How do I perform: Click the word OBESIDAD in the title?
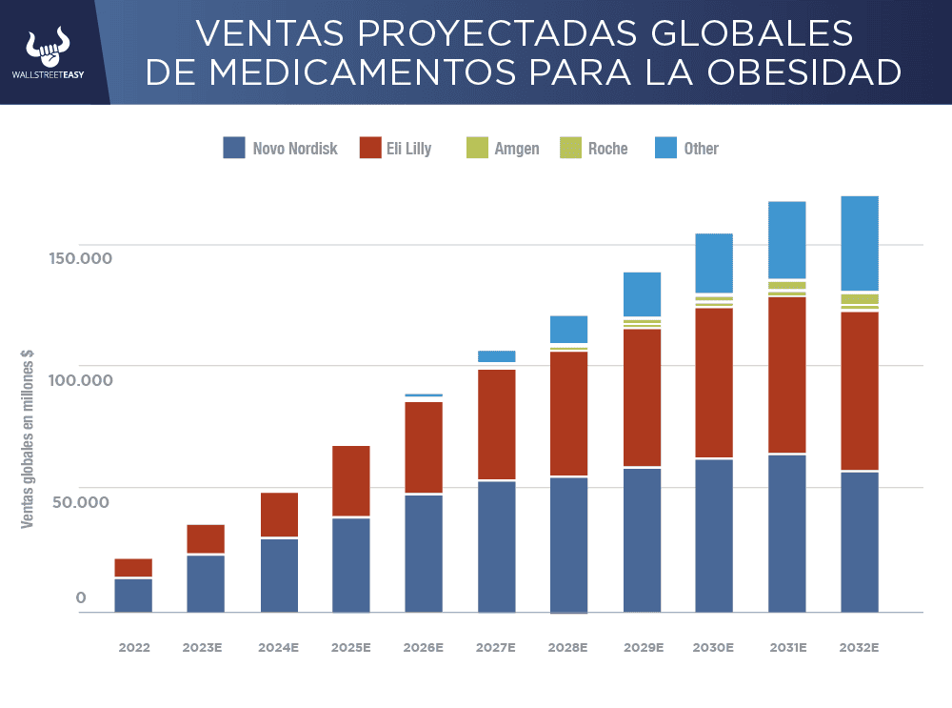(x=808, y=72)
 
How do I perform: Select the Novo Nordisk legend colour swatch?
(x=234, y=148)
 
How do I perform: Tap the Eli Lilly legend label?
(x=408, y=149)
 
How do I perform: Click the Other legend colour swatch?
(x=666, y=148)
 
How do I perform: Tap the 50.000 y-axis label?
(x=81, y=502)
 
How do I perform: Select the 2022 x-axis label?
(x=134, y=647)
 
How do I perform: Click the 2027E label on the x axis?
(x=496, y=647)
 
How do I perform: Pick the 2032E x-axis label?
(x=859, y=647)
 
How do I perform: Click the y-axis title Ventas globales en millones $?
(x=29, y=438)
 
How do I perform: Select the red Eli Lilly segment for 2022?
(x=133, y=567)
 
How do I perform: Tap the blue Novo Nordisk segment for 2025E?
(x=351, y=564)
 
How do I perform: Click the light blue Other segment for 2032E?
(x=859, y=243)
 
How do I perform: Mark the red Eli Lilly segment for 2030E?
(x=714, y=381)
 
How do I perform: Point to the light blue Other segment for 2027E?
(x=496, y=356)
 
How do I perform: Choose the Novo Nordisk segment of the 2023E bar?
(x=206, y=583)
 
